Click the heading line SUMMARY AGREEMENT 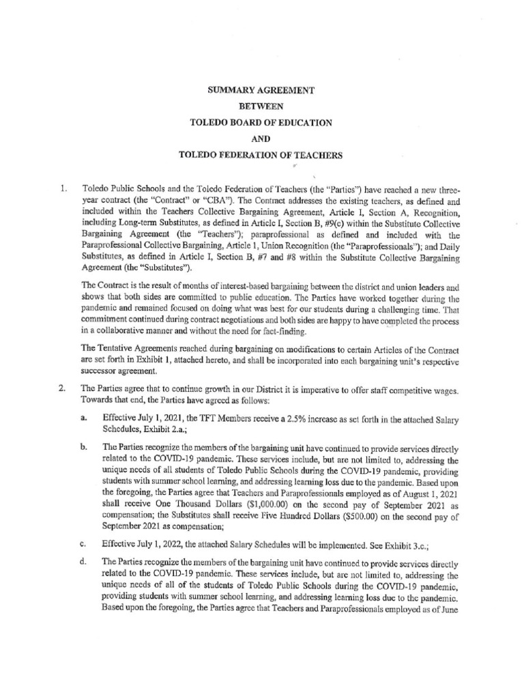[x=261, y=89]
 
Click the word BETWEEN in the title [x=261, y=106]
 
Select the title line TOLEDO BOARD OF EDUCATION [x=261, y=122]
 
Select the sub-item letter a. [x=83, y=416]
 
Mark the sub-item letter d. [x=83, y=561]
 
